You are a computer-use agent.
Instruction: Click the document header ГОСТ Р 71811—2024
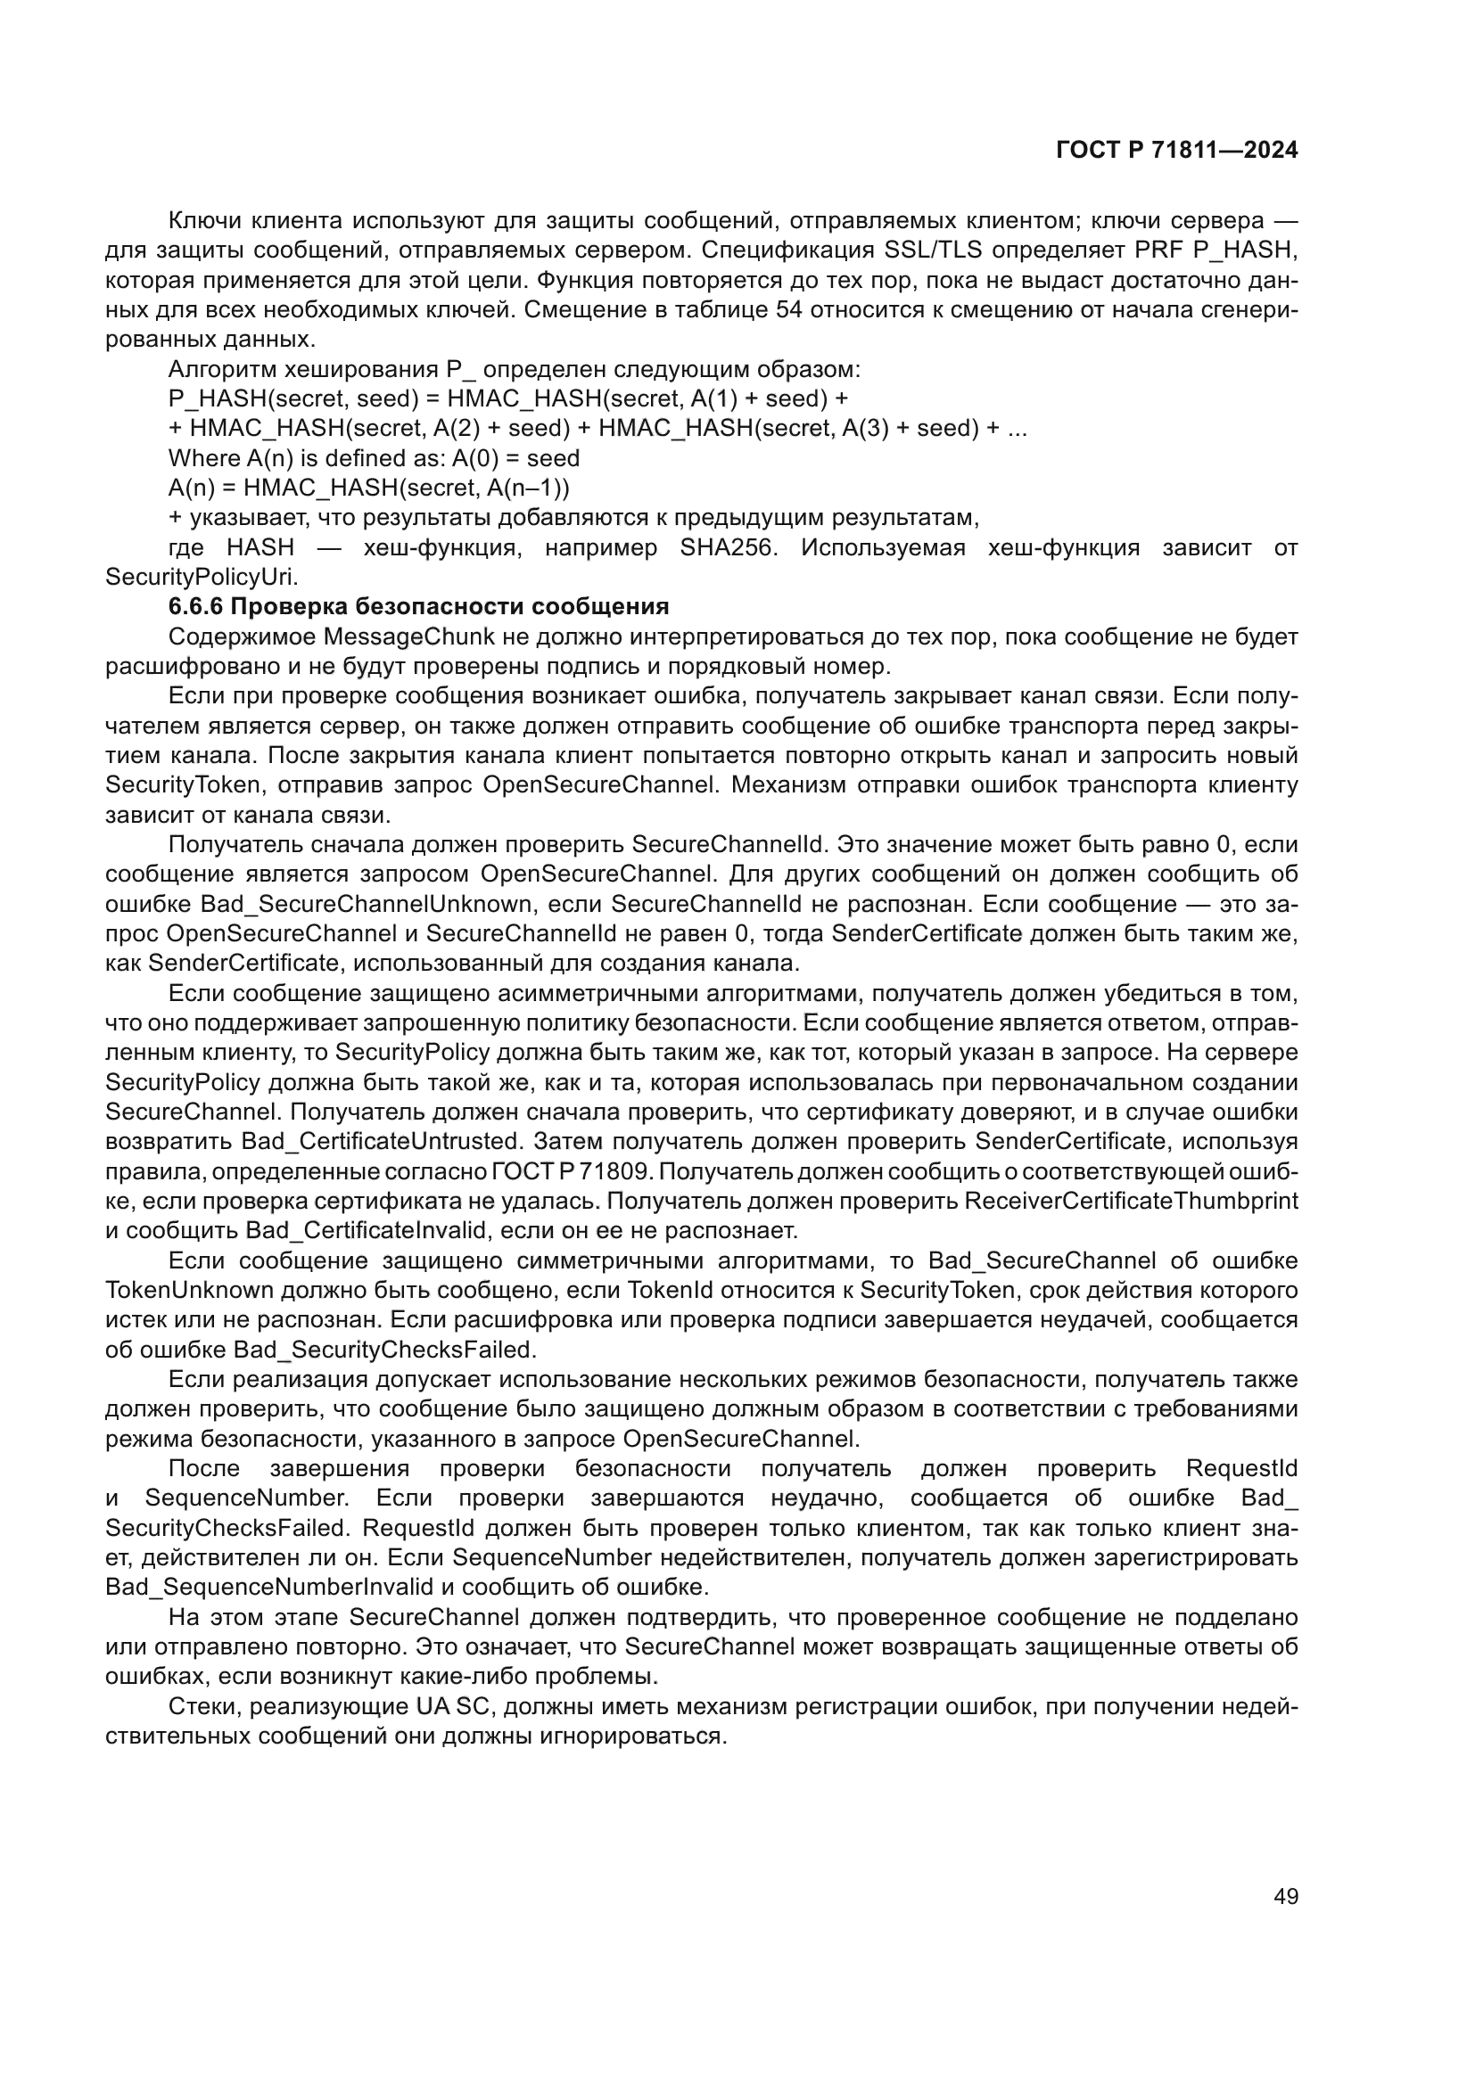point(1176,151)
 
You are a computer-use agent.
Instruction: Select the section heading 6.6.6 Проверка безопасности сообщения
point(419,607)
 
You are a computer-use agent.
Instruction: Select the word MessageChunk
point(390,636)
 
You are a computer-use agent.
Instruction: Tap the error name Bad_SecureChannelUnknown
point(365,905)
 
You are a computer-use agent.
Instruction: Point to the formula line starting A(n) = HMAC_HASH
point(369,488)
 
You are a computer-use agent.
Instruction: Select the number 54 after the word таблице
point(788,309)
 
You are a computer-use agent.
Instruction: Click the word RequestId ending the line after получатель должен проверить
point(1240,1468)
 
